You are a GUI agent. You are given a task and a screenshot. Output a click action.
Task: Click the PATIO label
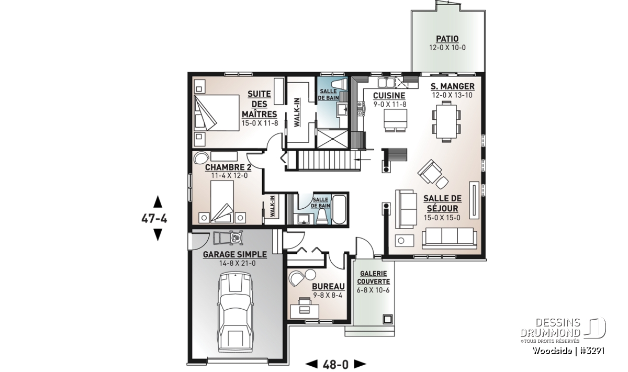(447, 39)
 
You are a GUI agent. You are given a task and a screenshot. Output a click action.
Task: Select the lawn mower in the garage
(228, 237)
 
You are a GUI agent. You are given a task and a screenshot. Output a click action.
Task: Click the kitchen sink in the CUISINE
(386, 83)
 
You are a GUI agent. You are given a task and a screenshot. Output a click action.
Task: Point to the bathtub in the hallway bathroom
(339, 210)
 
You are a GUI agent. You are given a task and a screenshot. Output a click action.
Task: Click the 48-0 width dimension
(335, 365)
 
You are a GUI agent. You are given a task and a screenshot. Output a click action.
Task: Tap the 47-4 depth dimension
(154, 218)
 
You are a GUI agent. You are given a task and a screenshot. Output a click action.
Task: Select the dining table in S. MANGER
(446, 121)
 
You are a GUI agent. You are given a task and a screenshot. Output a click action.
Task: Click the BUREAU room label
(328, 287)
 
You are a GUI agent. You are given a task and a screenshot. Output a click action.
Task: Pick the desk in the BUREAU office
(305, 311)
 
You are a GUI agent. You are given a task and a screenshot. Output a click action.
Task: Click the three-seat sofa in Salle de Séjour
(449, 238)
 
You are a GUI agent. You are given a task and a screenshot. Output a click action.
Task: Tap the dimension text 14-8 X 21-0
(238, 264)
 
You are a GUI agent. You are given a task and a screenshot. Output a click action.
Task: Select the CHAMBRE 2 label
(228, 167)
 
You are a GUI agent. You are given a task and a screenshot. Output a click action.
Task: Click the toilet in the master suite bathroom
(339, 84)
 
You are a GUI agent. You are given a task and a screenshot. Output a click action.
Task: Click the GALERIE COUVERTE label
(374, 277)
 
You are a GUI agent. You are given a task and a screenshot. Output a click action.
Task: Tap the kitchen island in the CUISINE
(395, 119)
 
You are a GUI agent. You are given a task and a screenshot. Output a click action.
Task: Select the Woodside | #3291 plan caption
(568, 351)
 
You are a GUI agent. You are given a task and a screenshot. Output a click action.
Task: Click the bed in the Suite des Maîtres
(217, 112)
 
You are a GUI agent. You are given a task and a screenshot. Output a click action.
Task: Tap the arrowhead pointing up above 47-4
(158, 201)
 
